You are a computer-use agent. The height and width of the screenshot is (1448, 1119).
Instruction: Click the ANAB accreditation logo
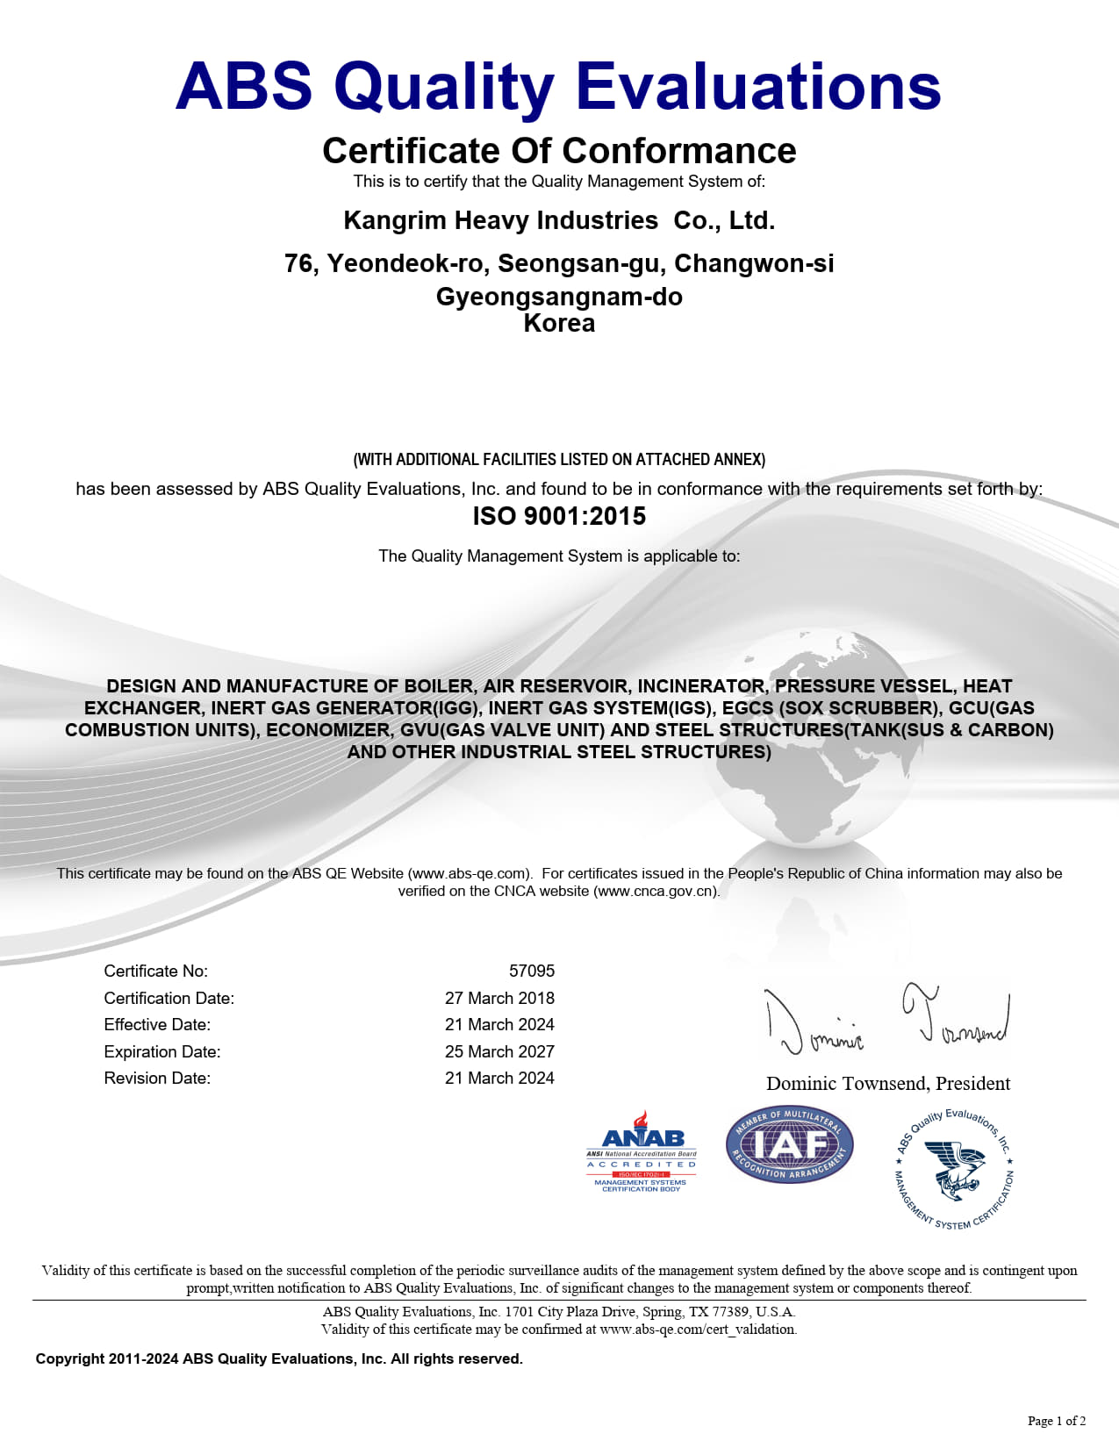tap(642, 1151)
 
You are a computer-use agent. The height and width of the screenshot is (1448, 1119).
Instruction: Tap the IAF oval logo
tap(790, 1144)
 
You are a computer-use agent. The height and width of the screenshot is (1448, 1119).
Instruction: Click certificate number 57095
tap(532, 971)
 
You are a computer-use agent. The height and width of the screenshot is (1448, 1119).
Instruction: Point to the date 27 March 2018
tap(499, 998)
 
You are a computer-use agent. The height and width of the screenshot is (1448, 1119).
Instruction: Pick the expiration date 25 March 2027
tap(499, 1051)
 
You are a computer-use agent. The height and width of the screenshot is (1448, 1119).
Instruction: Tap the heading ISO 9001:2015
tap(559, 516)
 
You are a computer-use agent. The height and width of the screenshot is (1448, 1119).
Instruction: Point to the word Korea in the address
tap(559, 324)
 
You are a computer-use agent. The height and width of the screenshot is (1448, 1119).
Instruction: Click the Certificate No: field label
tap(156, 971)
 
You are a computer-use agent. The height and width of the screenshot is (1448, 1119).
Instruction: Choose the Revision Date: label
tap(157, 1078)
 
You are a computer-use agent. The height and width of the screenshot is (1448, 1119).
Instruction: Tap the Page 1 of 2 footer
tap(1057, 1421)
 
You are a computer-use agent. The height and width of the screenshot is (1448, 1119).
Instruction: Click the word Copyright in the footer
tap(70, 1358)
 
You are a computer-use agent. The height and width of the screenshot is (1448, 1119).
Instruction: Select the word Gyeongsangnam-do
tap(559, 297)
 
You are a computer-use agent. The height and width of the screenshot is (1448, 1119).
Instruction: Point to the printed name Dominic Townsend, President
tap(888, 1084)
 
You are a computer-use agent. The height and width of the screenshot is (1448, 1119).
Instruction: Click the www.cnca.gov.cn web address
tap(656, 892)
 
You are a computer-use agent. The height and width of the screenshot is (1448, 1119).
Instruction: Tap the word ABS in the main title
tap(244, 86)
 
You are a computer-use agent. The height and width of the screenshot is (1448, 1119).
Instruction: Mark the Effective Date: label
tap(157, 1024)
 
